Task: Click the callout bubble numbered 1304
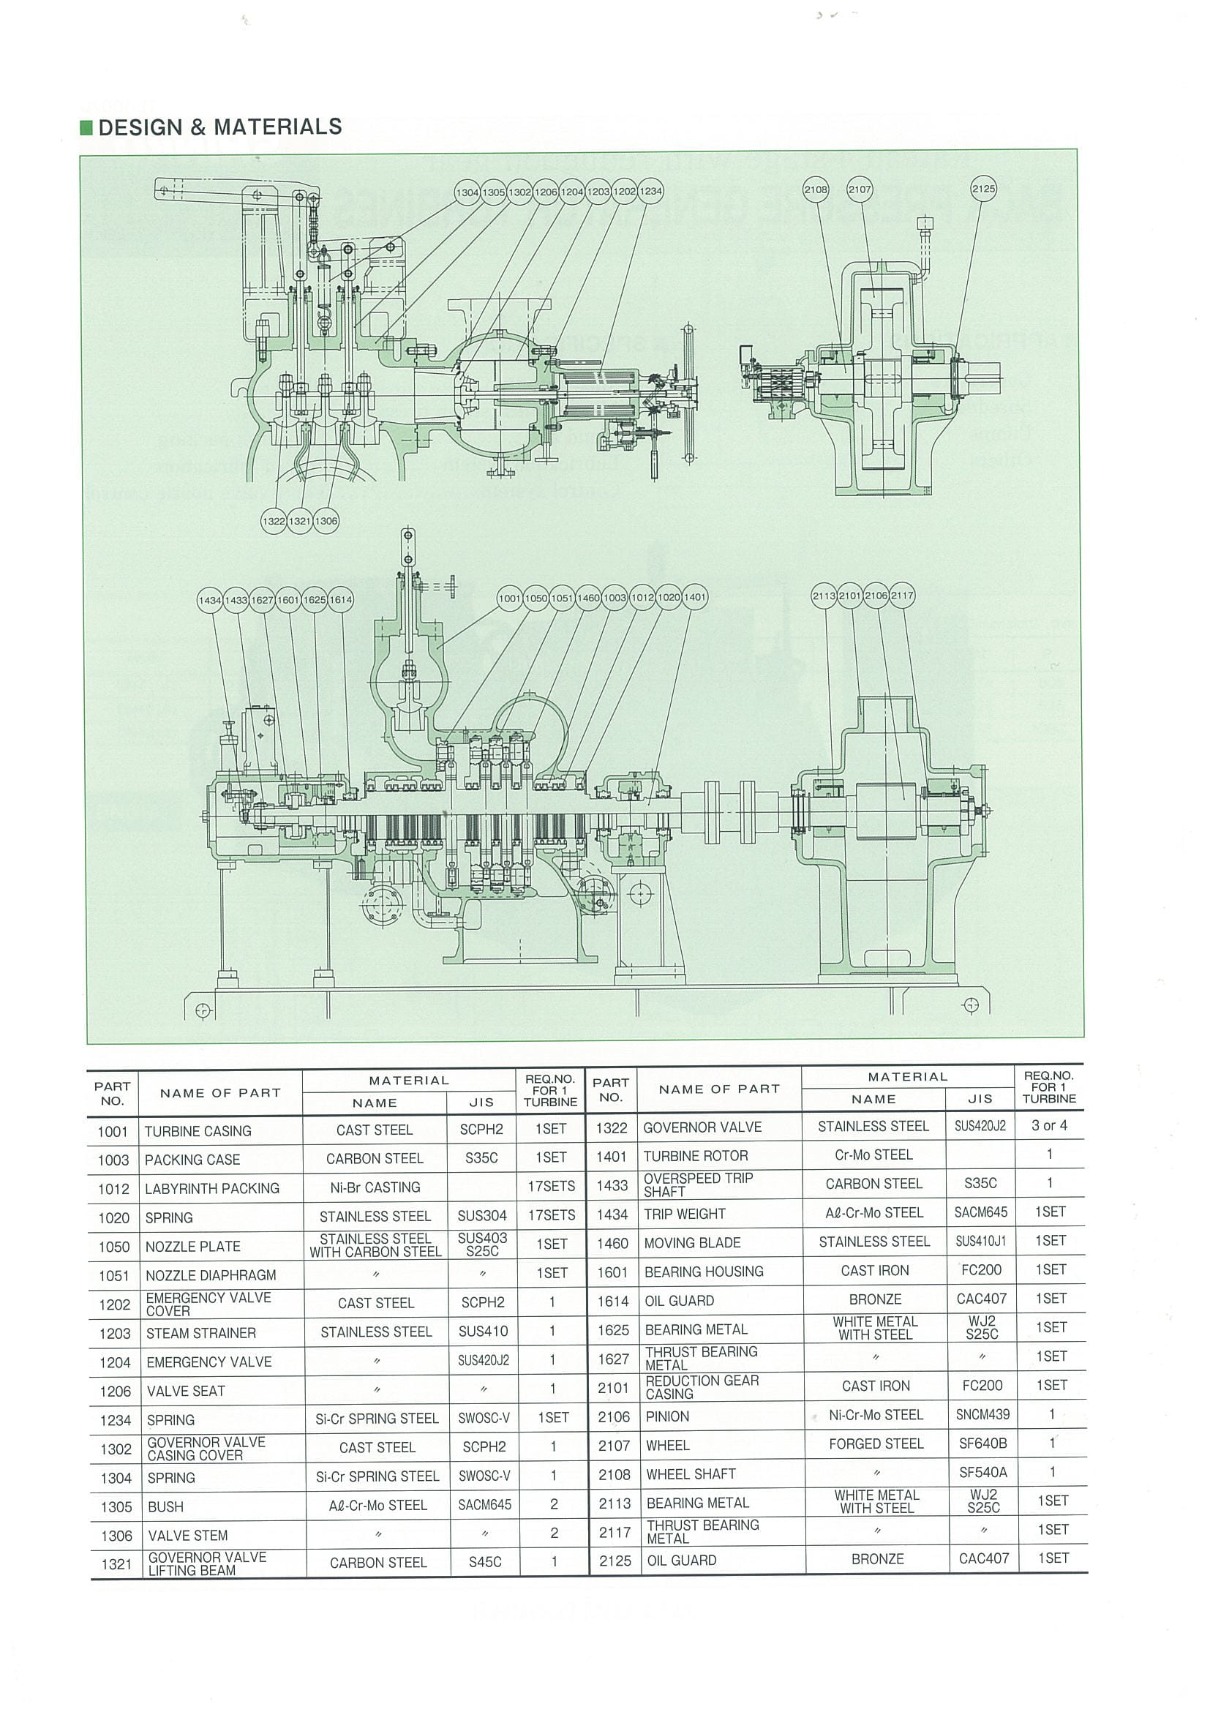coord(467,192)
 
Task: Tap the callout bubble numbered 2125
coord(983,189)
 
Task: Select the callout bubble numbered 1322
coord(274,521)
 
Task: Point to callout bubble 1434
coord(210,600)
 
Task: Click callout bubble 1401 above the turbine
coord(695,597)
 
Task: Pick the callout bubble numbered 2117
coord(902,596)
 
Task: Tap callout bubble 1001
coord(510,598)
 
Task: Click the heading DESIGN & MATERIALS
coord(220,127)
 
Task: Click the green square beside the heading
coord(86,127)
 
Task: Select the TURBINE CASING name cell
coord(220,1131)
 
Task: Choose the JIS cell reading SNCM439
coord(982,1415)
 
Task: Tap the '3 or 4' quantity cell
coord(1049,1126)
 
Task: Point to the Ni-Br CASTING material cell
coord(375,1188)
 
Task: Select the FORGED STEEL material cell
coord(876,1444)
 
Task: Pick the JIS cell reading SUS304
coord(482,1217)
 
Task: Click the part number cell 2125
coord(615,1561)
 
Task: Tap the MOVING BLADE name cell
coord(720,1243)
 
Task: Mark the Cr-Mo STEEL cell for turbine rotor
coord(873,1155)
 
